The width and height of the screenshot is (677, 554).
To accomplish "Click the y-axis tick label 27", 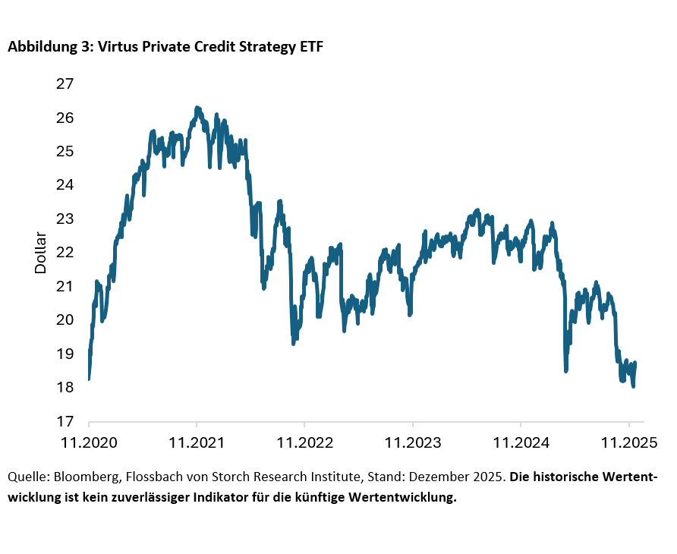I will point(65,83).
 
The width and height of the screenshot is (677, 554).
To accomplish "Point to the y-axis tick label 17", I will point(65,421).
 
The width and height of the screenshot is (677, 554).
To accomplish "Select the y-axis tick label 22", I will point(65,252).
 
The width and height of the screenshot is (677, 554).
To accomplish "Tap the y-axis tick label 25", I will point(65,151).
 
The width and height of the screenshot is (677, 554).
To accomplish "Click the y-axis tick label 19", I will point(65,354).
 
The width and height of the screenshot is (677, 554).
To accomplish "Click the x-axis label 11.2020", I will point(89,441).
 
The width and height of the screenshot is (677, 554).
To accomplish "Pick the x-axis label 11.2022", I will point(304,441).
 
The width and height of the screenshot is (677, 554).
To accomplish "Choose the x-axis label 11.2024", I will point(520,441).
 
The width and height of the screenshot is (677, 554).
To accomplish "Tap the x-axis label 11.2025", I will point(628,441).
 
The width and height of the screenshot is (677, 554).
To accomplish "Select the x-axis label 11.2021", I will point(197,441).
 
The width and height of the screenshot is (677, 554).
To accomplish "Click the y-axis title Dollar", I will point(41,253).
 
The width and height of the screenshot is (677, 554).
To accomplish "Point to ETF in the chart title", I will point(313,47).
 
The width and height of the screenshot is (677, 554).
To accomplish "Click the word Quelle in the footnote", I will point(26,478).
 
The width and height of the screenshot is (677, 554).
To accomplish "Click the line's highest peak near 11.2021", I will point(197,108).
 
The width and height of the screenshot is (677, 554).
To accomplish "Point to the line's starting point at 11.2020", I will point(89,378).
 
